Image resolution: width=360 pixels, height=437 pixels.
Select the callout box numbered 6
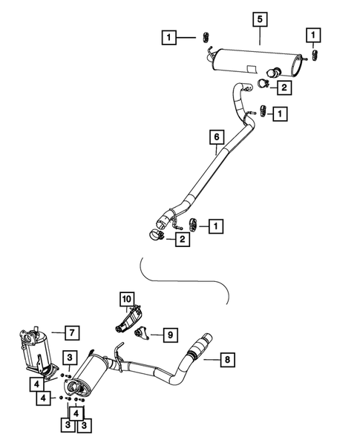[x=216, y=137]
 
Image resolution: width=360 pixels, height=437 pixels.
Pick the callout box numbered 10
[x=127, y=300]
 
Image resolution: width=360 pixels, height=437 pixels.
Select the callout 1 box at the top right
[x=315, y=35]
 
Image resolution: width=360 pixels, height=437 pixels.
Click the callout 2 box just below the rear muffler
[x=284, y=88]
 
